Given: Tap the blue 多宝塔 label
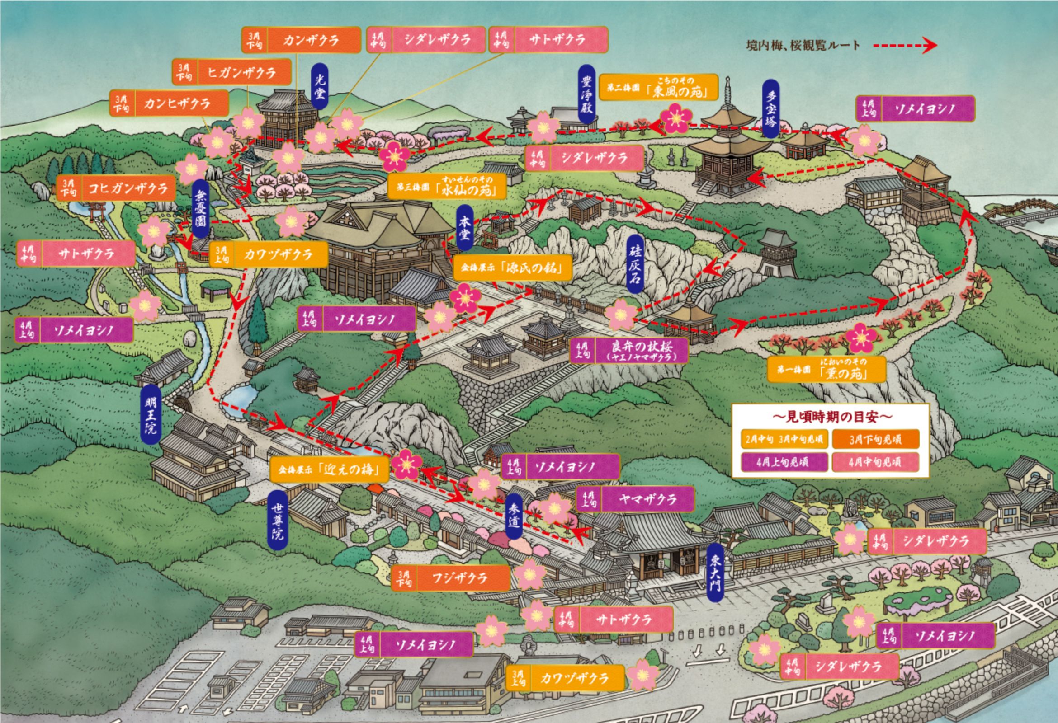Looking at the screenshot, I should click(x=770, y=108).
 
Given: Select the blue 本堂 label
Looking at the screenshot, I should click(x=464, y=228).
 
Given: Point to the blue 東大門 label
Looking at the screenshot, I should click(x=716, y=572).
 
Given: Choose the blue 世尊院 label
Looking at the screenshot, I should click(x=278, y=520).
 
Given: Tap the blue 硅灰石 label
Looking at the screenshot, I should click(x=635, y=265).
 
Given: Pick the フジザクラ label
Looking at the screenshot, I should click(x=450, y=578).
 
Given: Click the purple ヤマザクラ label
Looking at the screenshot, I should click(x=635, y=499).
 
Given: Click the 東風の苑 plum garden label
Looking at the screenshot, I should click(x=658, y=88).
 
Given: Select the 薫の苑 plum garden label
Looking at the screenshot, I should click(x=826, y=370).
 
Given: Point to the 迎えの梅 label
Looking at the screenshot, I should click(x=330, y=469).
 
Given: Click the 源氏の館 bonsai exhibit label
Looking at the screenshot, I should click(x=514, y=268).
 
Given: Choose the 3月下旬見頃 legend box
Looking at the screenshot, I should click(x=875, y=440).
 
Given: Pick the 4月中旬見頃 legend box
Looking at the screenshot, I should click(x=875, y=462).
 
